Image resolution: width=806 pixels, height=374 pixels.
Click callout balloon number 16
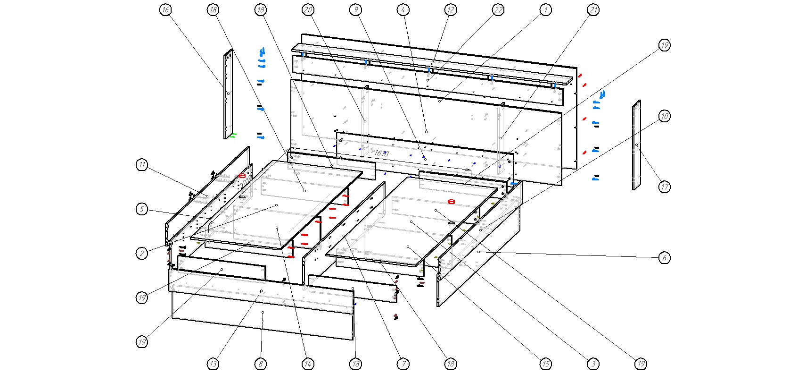[x=165, y=10]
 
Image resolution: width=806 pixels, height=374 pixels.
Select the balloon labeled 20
[x=308, y=10]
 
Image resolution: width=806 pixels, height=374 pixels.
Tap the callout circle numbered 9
[x=356, y=10]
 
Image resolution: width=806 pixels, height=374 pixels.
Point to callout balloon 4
[x=403, y=10]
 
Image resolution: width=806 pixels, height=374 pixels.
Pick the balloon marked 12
[x=451, y=10]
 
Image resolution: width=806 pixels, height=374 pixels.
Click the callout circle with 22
[x=498, y=10]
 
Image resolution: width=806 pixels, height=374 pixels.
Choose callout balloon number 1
[x=546, y=10]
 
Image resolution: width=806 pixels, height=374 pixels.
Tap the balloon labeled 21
[x=593, y=10]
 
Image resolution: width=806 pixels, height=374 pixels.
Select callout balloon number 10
[x=664, y=116]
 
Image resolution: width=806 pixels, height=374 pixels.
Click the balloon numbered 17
[x=664, y=187]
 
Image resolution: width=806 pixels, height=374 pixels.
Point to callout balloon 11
[x=142, y=165]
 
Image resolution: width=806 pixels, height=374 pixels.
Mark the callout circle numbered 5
[x=142, y=209]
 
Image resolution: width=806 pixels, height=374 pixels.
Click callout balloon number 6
[x=664, y=257]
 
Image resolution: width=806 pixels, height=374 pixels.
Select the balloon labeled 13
[x=213, y=364]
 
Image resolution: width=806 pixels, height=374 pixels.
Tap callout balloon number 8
[x=261, y=364]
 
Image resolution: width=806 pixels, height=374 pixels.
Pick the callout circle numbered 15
[x=545, y=364]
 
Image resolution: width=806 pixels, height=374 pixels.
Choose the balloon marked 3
[x=593, y=364]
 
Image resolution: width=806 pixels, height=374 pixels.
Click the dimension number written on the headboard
[x=381, y=153]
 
